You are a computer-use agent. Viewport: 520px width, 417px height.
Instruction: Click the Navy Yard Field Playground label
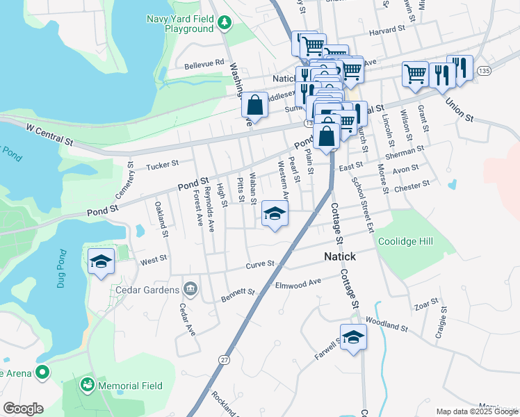click(x=179, y=24)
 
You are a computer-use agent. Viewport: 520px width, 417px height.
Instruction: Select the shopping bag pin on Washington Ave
click(x=255, y=105)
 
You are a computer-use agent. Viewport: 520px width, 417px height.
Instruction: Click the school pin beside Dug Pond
click(x=101, y=261)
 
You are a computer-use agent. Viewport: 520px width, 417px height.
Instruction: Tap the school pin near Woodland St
click(x=353, y=338)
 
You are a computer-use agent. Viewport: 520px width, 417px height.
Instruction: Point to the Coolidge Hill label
click(x=405, y=242)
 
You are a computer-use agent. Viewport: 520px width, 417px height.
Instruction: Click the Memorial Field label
click(x=130, y=386)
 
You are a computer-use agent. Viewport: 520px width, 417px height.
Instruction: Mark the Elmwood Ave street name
click(x=298, y=284)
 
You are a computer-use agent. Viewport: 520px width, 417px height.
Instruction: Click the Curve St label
click(x=261, y=265)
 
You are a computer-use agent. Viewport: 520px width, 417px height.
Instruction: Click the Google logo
click(x=23, y=409)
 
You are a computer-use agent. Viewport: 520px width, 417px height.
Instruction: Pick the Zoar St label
click(x=425, y=302)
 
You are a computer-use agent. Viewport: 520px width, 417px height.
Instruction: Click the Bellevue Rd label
click(x=204, y=65)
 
